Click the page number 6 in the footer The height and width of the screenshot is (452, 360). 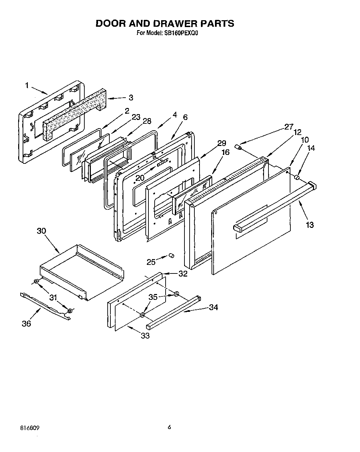(x=169, y=427)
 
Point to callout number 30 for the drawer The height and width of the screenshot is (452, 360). (x=41, y=231)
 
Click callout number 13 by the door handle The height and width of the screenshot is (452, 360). (x=309, y=225)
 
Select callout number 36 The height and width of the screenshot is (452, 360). (x=26, y=323)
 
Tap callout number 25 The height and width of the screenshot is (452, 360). (x=151, y=262)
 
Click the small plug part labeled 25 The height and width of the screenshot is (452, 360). (x=171, y=256)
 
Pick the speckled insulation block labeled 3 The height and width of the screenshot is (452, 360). (x=75, y=110)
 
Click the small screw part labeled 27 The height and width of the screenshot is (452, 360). (x=239, y=147)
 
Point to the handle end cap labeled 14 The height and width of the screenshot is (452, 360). (x=297, y=177)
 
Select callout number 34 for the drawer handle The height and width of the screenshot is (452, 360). (x=213, y=307)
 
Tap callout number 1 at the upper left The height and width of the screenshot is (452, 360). (x=26, y=85)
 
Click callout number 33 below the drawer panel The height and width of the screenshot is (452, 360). (x=145, y=335)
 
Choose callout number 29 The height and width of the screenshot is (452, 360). (x=222, y=143)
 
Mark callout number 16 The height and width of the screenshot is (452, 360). (x=225, y=152)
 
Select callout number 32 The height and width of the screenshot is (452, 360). (x=183, y=273)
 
